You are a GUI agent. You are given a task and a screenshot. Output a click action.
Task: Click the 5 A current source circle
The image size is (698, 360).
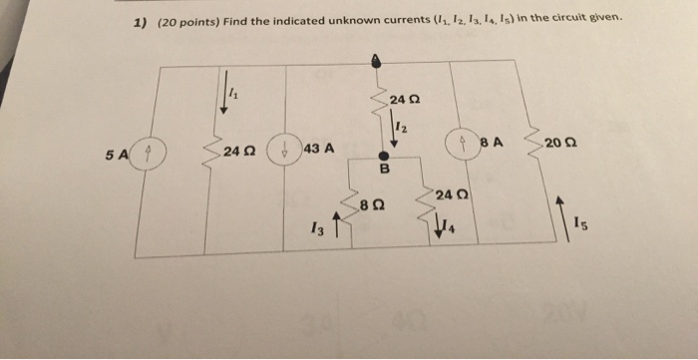(x=148, y=154)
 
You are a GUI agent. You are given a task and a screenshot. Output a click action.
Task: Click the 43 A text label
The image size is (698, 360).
(x=318, y=149)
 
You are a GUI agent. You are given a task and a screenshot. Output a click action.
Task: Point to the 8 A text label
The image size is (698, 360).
(x=493, y=143)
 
